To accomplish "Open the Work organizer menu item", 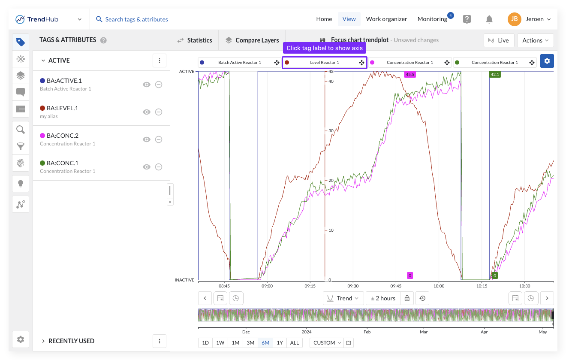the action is tap(386, 19).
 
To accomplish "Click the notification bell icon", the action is tap(489, 19).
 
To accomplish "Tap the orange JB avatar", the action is tap(515, 19).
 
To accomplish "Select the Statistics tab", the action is tap(195, 40).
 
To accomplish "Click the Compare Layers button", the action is tap(252, 40).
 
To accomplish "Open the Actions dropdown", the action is tap(536, 40).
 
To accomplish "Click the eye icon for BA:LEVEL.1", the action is tap(147, 112).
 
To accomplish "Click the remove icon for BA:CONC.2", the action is tap(159, 139).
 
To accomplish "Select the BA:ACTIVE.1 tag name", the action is tap(64, 81).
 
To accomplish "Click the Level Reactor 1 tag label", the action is tap(325, 63).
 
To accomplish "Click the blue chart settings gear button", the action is tap(547, 61).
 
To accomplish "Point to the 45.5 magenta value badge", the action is tap(410, 74).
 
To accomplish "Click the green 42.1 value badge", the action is tap(495, 74).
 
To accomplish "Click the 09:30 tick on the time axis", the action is tap(353, 286).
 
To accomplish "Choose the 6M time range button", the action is tap(265, 343).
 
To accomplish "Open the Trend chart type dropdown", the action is tap(343, 298).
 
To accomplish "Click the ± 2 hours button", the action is tap(383, 298).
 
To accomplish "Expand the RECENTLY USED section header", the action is tap(71, 341).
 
